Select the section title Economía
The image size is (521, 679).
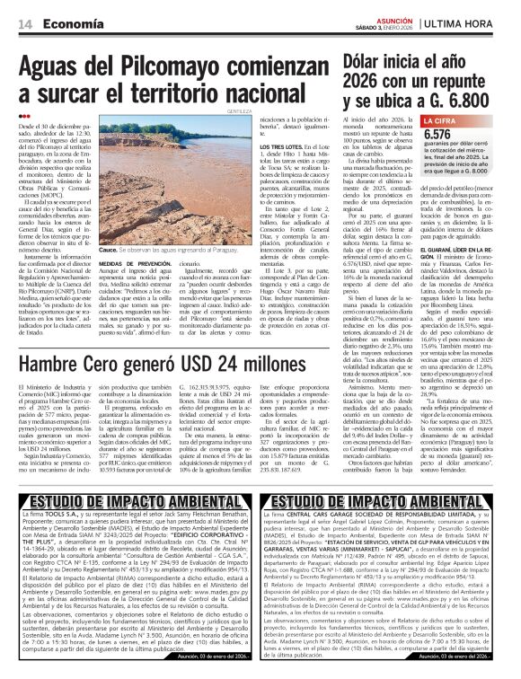71,22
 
